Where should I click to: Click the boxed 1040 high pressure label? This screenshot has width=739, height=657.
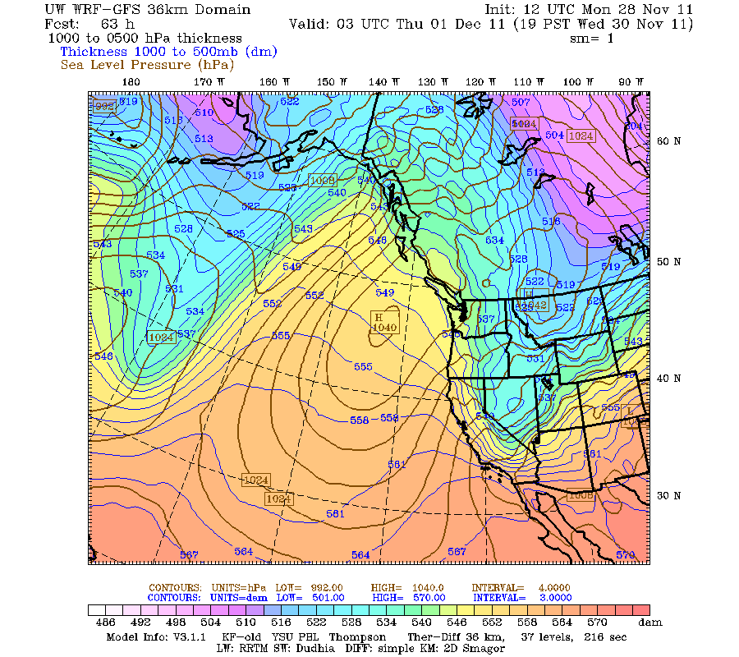tap(384, 328)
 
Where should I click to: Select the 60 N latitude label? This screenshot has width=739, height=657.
tap(669, 140)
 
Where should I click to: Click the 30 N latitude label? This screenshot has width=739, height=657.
tap(669, 495)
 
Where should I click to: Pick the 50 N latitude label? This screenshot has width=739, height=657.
tap(669, 262)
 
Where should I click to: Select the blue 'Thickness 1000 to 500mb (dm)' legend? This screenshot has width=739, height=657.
tap(168, 51)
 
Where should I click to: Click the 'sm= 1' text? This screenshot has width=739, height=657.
tap(591, 38)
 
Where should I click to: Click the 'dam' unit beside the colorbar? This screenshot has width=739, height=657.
tap(651, 623)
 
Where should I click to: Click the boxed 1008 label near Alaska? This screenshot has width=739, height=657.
tap(322, 180)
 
